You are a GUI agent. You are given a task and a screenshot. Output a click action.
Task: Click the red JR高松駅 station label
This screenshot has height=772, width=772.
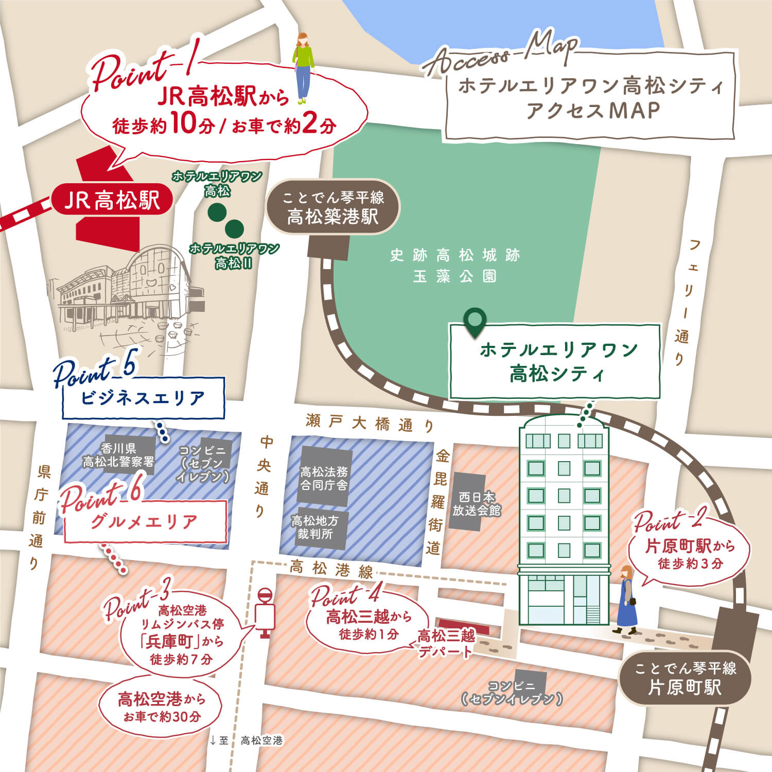point(112,200)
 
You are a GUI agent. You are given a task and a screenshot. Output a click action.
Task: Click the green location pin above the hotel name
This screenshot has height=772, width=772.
point(474,322)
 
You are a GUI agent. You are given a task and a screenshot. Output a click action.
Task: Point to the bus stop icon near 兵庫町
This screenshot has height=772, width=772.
point(265,612)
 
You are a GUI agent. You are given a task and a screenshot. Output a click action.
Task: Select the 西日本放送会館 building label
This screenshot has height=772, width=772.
point(476,504)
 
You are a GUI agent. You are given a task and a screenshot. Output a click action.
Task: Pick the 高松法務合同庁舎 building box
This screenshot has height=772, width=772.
point(324,478)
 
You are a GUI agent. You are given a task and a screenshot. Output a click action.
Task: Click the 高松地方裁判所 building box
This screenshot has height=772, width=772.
point(314,528)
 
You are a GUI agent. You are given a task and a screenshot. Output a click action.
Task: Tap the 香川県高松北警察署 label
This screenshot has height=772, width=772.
point(119,455)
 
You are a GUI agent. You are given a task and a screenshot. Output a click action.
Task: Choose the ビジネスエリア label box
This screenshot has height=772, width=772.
point(143,398)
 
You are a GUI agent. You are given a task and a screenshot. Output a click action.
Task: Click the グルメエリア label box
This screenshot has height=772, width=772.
point(145,521)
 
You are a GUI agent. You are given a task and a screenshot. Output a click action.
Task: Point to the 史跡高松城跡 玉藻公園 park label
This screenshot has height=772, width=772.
point(455,266)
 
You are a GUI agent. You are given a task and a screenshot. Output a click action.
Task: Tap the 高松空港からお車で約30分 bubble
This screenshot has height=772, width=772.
point(161,707)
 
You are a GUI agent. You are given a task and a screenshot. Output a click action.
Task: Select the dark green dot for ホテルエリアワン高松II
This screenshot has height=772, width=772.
point(234,228)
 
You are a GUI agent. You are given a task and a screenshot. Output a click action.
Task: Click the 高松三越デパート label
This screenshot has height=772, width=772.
point(445,643)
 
